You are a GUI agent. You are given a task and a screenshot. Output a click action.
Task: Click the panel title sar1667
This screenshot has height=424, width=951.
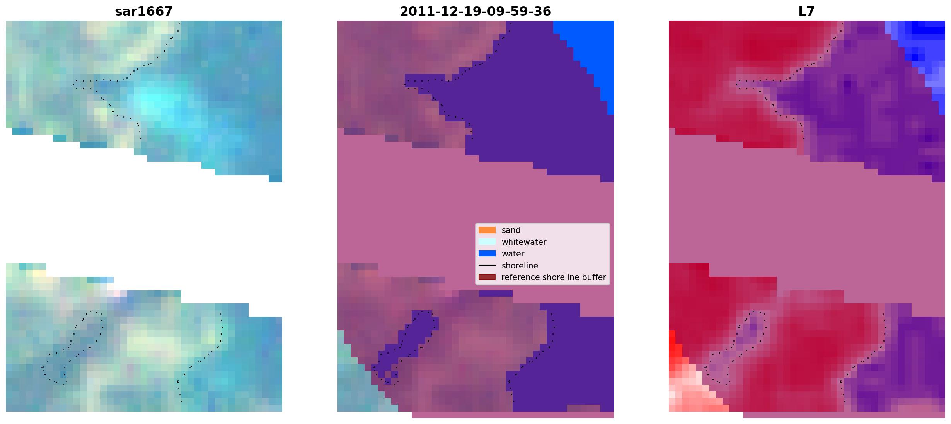(x=143, y=12)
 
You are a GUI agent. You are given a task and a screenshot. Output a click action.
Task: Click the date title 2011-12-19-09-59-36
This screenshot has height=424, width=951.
(x=475, y=12)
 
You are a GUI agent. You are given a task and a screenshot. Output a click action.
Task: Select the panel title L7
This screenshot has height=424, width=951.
(x=806, y=12)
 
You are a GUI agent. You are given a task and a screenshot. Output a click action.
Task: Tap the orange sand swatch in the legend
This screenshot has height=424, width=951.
(x=487, y=230)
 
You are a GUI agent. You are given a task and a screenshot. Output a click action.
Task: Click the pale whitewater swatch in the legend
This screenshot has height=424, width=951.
(x=487, y=242)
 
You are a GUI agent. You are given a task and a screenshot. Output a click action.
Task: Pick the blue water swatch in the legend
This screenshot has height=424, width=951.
(x=487, y=254)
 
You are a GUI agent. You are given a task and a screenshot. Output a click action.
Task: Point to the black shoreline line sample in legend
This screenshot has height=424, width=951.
(x=487, y=265)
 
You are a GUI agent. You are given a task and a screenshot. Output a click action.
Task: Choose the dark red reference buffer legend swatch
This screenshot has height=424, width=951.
(x=487, y=277)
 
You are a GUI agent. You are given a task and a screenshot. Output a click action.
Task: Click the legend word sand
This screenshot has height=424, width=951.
(x=511, y=230)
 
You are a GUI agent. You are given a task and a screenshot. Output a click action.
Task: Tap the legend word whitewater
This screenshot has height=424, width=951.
(x=524, y=242)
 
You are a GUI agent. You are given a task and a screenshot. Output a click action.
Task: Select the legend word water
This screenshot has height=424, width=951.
(x=513, y=254)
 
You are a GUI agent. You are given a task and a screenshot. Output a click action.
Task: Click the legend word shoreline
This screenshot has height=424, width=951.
(x=520, y=266)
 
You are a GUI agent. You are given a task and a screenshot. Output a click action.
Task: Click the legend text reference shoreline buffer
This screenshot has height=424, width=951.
(x=554, y=277)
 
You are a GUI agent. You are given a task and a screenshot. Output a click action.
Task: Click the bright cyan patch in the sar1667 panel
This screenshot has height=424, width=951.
(x=155, y=103)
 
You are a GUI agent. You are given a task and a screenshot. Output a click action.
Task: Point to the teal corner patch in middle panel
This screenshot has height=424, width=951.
(x=360, y=383)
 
